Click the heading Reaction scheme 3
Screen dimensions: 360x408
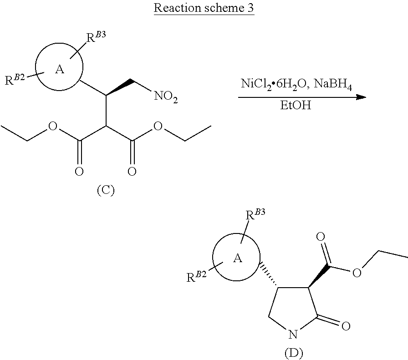204,9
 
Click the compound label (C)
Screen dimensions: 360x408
105,190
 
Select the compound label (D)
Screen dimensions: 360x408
293,352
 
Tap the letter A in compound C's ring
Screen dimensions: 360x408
59,70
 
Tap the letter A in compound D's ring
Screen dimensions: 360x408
237,259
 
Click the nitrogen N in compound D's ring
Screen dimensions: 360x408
293,336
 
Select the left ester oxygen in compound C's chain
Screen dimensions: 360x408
53,126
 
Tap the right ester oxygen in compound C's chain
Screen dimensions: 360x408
158,126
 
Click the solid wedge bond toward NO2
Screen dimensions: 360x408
119,88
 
